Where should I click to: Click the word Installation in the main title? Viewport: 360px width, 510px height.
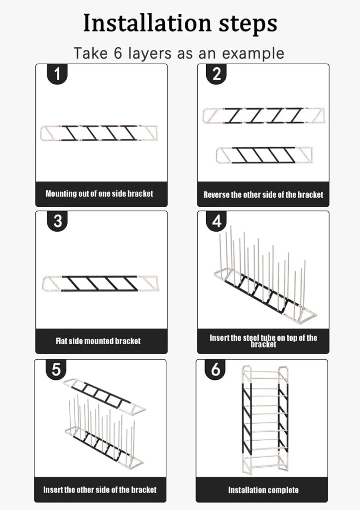(147, 23)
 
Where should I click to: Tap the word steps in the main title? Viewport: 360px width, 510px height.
(248, 23)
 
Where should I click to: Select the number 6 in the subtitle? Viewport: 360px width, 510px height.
(118, 53)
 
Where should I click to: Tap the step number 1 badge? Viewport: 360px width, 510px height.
(58, 74)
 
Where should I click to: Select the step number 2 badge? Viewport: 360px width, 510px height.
(217, 74)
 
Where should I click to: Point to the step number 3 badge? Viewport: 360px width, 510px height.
(58, 221)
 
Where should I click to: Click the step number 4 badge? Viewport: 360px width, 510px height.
(217, 221)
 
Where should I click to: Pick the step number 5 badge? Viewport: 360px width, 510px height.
(56, 370)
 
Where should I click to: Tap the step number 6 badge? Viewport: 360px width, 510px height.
(215, 370)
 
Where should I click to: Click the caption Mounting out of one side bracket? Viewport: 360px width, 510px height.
(99, 194)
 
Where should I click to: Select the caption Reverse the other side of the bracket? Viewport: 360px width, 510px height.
(263, 195)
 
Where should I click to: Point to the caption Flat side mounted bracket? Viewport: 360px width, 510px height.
(98, 341)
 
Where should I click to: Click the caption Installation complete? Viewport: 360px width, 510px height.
(263, 490)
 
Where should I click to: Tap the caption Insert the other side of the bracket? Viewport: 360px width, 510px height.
(100, 490)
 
